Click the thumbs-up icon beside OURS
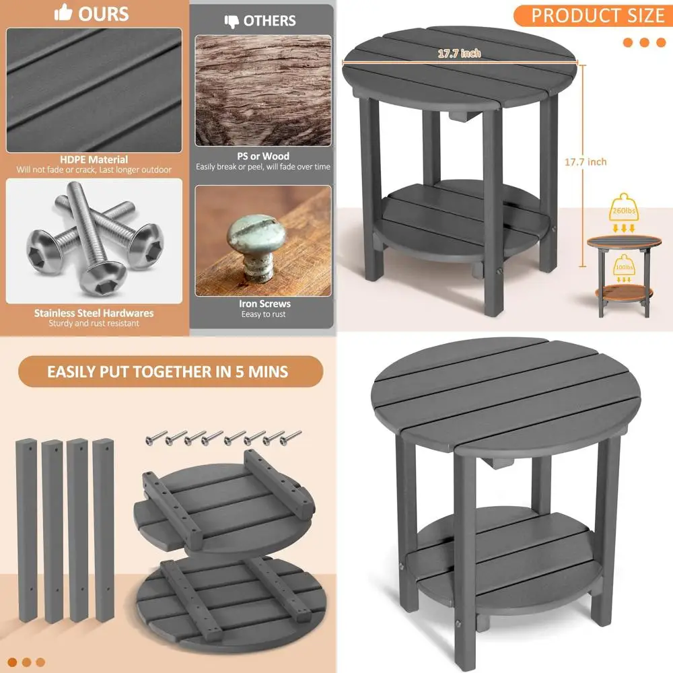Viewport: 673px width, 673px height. pos(63,13)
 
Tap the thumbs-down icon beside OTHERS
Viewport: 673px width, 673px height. pos(230,21)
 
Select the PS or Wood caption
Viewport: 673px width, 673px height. pos(263,156)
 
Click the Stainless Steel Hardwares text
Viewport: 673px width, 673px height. pos(94,313)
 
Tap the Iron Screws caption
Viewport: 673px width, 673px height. pos(264,304)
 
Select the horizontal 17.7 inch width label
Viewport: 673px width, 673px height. pos(459,53)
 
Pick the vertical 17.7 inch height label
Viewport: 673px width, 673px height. pos(585,162)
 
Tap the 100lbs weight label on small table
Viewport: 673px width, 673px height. pos(623,269)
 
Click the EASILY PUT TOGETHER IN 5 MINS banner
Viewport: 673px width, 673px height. pos(168,371)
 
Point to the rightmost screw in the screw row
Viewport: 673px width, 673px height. pos(294,437)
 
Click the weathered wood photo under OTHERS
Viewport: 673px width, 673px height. pos(263,91)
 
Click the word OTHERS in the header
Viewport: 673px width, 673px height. pos(269,21)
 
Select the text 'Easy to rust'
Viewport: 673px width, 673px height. pos(263,314)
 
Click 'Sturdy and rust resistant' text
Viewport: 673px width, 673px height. pos(94,324)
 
